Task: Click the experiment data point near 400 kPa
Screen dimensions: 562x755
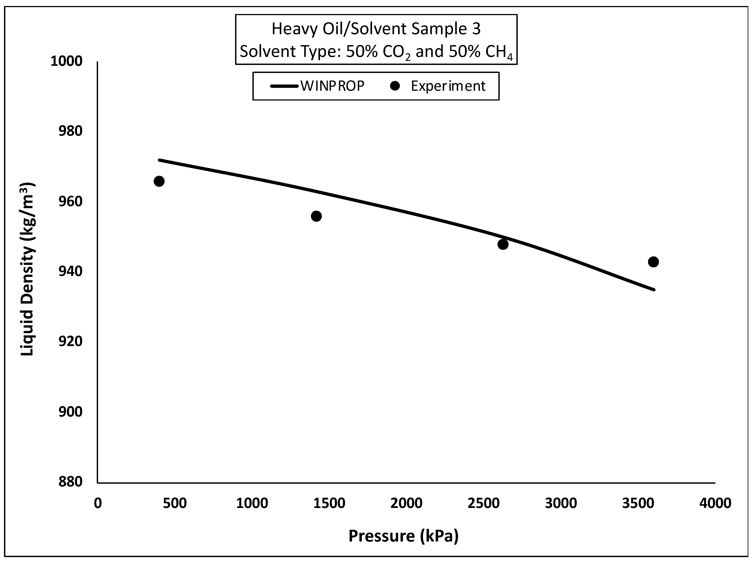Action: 159,181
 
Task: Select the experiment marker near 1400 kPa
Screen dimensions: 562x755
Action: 316,216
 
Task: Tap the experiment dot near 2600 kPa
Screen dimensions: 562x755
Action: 503,244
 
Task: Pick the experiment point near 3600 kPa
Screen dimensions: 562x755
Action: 653,262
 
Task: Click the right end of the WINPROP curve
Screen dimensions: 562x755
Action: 654,290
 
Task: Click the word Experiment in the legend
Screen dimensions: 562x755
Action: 448,86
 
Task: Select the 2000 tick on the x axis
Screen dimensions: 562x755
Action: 406,503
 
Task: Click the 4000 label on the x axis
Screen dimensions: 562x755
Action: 715,503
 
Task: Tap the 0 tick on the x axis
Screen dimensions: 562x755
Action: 98,503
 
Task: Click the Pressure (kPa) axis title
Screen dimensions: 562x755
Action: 403,536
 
